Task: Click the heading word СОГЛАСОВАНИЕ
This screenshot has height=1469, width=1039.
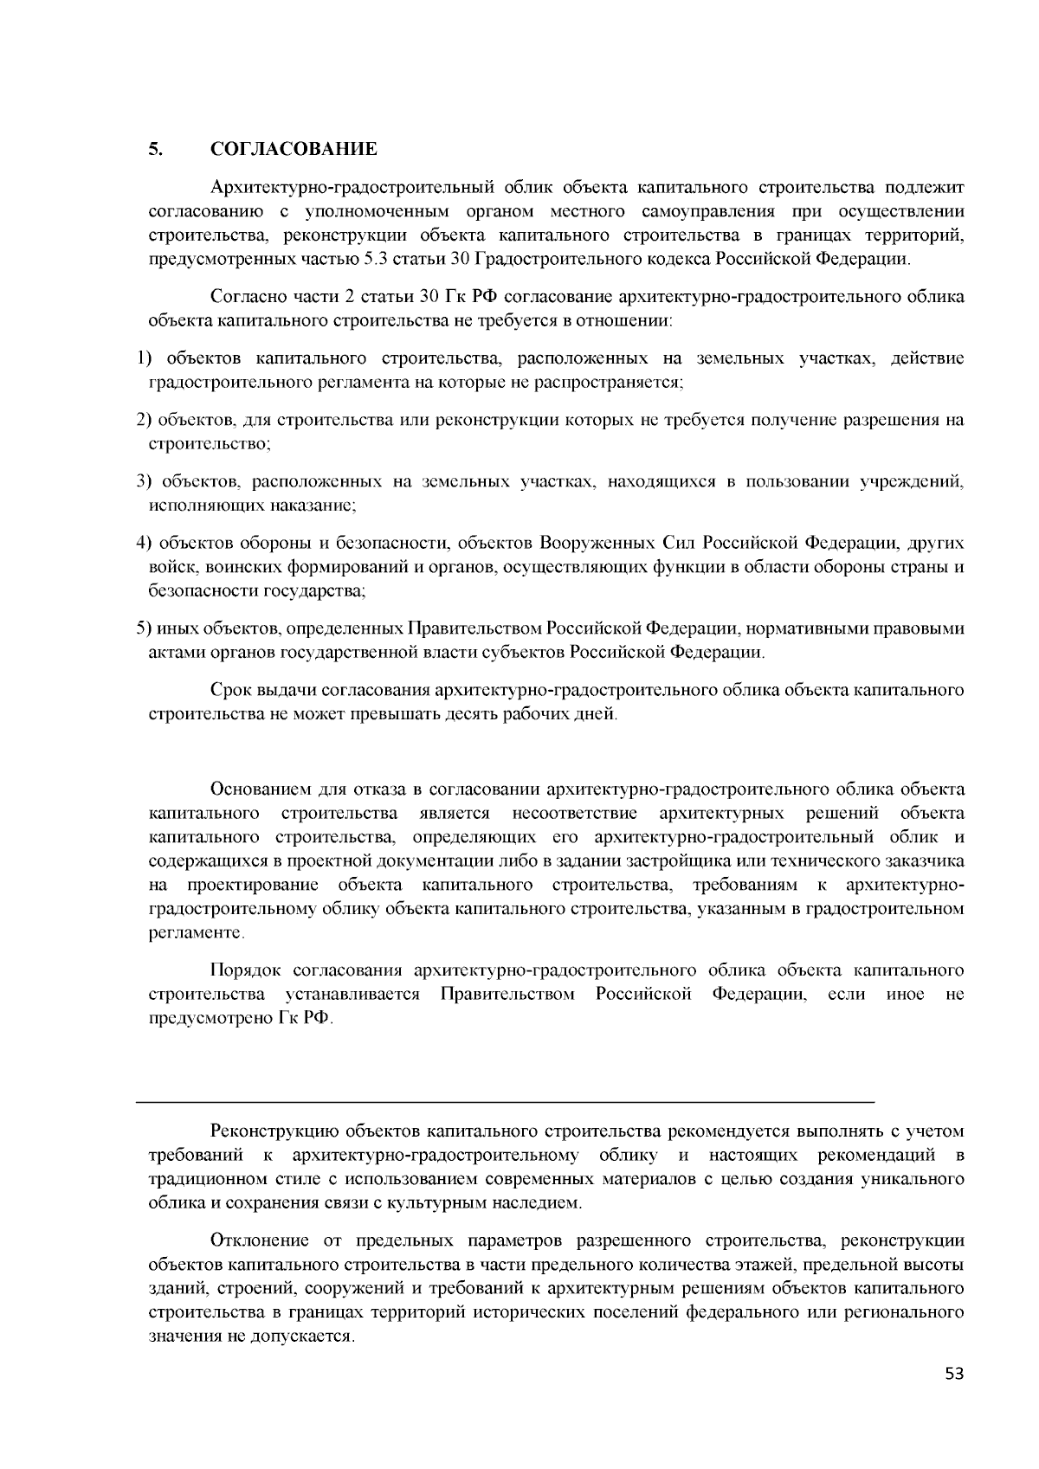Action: [x=294, y=149]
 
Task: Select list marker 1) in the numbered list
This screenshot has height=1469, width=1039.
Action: [x=144, y=358]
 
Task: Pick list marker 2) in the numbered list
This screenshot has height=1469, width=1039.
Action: [x=144, y=421]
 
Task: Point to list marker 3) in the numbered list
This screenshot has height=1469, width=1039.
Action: [x=144, y=481]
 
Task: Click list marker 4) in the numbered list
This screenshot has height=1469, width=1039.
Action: [x=144, y=544]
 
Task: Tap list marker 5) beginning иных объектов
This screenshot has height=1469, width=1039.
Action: [x=144, y=628]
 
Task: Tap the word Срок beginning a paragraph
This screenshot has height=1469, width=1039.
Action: [x=230, y=691]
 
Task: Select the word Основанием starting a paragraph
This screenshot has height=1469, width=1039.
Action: [x=260, y=789]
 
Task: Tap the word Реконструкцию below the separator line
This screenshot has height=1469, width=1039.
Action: [x=274, y=1131]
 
